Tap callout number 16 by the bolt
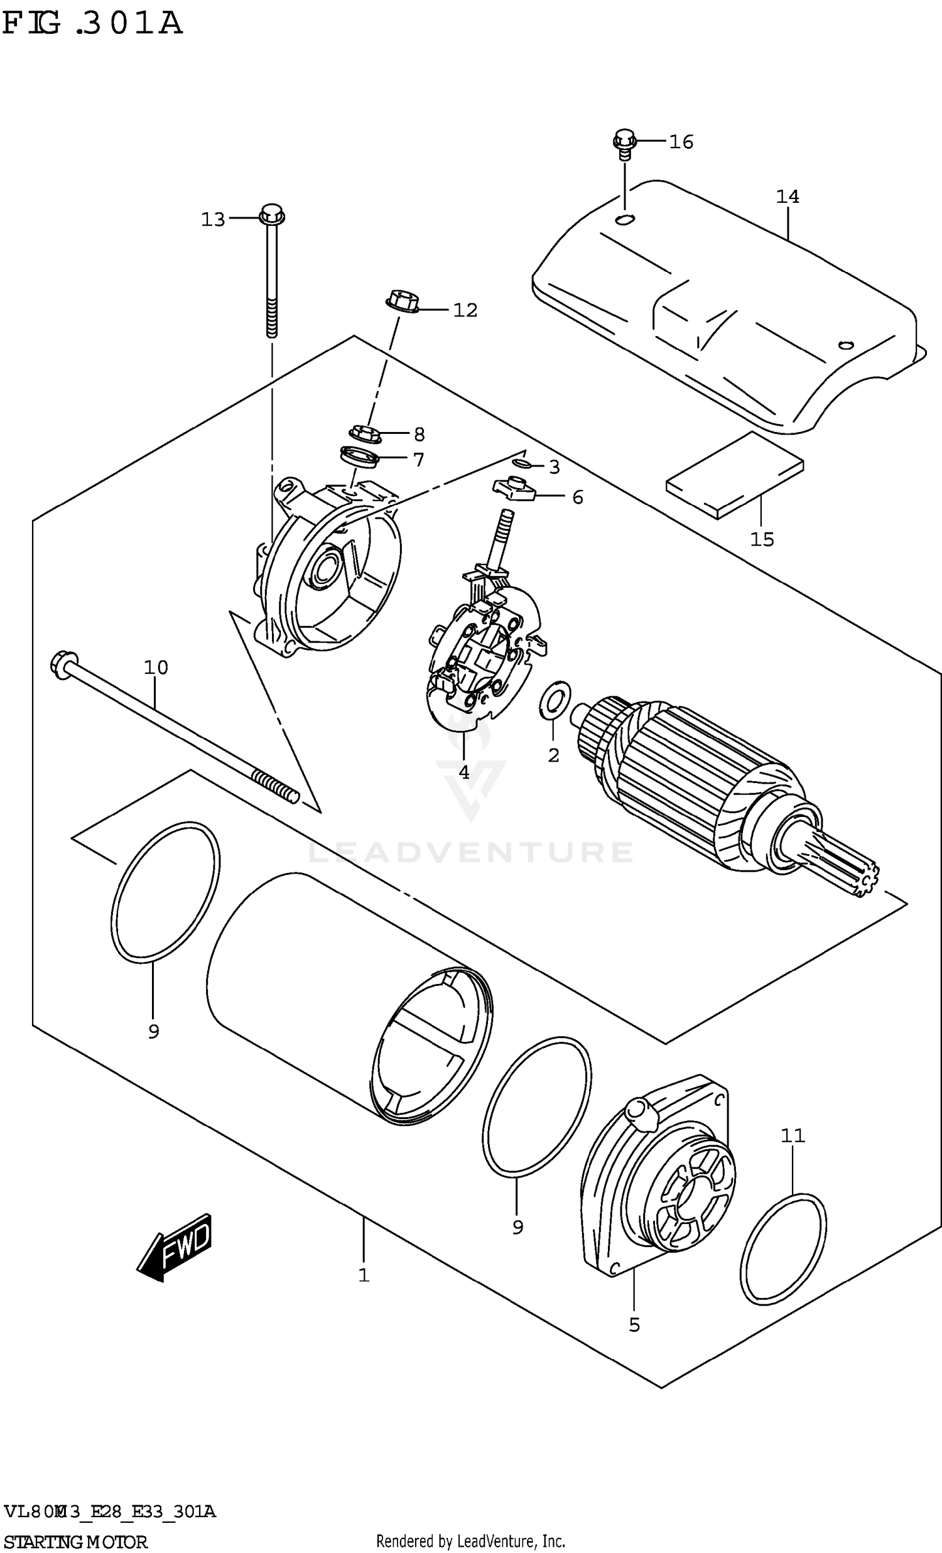tap(681, 142)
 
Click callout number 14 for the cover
tap(787, 197)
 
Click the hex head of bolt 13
tap(271, 214)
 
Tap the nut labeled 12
tap(401, 301)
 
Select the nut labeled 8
tap(364, 433)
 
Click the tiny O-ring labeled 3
tap(521, 465)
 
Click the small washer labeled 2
tap(555, 699)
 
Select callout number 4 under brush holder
tap(463, 772)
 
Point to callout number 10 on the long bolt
tap(156, 667)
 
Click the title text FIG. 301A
tap(92, 24)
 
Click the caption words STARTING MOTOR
tap(75, 1542)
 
